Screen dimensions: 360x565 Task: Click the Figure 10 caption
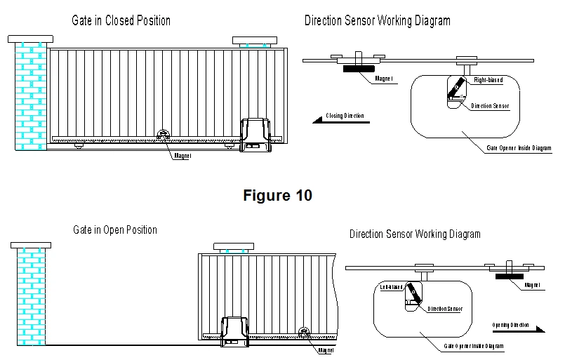coord(277,196)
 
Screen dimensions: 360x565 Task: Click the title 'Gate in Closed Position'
coord(121,20)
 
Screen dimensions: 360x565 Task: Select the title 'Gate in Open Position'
coord(115,230)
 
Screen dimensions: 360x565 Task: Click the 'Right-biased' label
coord(488,80)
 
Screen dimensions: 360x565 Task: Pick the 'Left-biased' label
coord(392,287)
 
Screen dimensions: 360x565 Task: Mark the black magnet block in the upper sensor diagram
coord(358,68)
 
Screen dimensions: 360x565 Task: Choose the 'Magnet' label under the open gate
coord(325,350)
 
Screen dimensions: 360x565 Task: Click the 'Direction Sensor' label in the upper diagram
coord(490,106)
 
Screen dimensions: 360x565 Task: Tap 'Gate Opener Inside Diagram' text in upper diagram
coord(519,148)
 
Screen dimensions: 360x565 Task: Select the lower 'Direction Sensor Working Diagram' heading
coord(415,234)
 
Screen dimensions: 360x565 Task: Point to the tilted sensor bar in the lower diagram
coord(413,295)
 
